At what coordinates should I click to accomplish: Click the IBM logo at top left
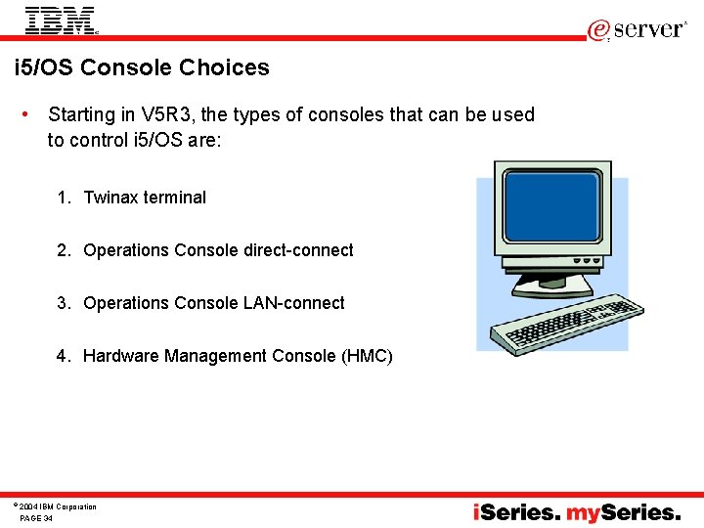point(61,20)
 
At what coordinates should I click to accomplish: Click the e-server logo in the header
point(638,29)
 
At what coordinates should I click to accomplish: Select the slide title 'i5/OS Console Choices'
point(142,67)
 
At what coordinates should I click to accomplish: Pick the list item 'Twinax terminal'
point(145,198)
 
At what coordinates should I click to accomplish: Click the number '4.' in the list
point(64,356)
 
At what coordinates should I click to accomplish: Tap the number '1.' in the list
point(64,198)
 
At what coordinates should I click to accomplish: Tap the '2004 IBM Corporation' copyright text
point(59,506)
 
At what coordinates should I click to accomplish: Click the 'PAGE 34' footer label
point(36,518)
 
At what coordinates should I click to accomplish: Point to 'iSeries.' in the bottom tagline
point(517,512)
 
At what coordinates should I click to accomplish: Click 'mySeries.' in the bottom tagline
point(624,512)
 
